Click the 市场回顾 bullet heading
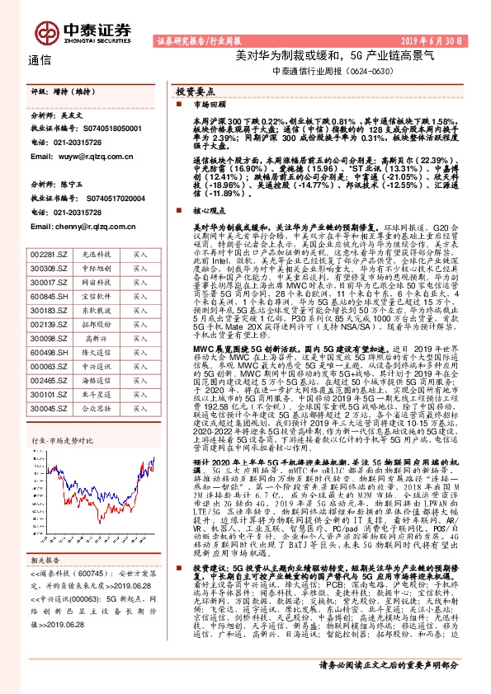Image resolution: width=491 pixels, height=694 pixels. (209, 106)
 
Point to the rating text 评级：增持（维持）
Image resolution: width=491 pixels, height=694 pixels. (66, 92)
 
